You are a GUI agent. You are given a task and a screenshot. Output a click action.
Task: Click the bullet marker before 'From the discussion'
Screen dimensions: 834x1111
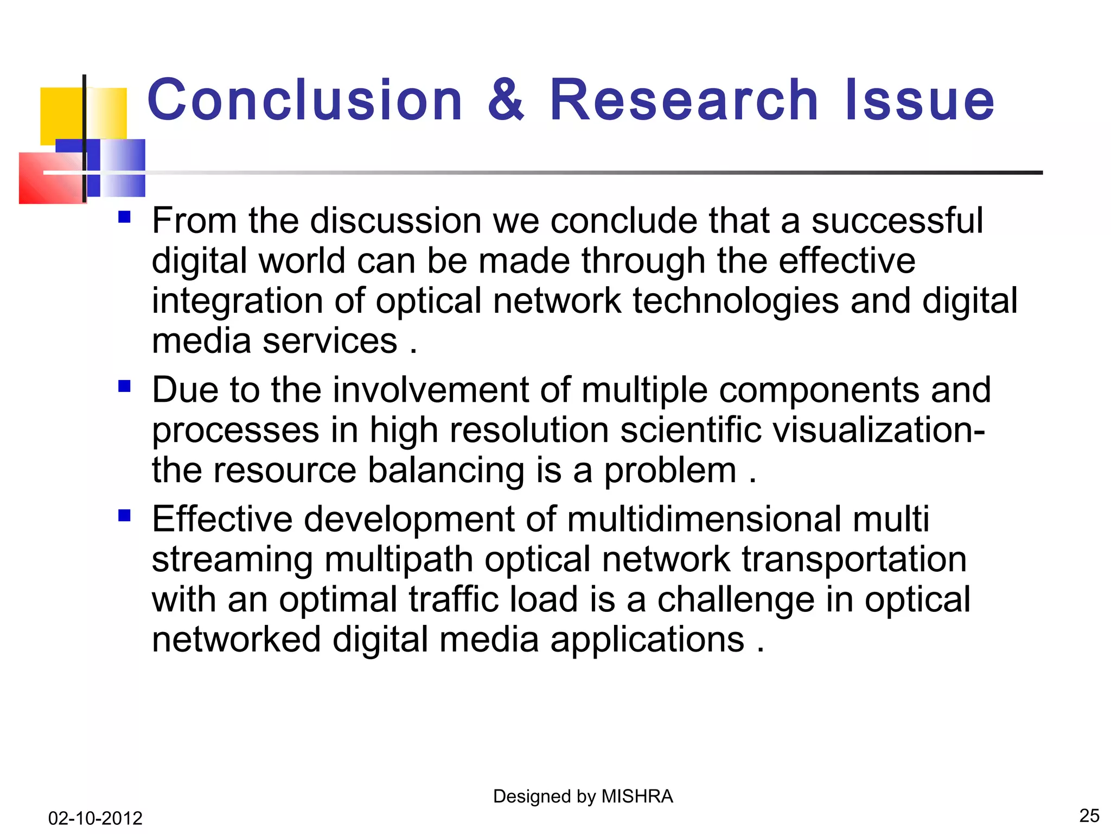pyautogui.click(x=125, y=218)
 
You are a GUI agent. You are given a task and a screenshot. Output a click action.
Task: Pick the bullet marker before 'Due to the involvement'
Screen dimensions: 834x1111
pyautogui.click(x=125, y=387)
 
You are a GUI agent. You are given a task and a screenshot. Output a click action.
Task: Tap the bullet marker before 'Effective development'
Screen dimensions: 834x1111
pyautogui.click(x=125, y=515)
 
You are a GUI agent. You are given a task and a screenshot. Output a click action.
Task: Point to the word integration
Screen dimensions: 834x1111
pyautogui.click(x=238, y=302)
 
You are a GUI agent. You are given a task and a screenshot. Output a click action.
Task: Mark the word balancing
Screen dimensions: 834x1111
pyautogui.click(x=446, y=470)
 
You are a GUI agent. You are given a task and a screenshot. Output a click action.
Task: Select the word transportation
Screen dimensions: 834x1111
pyautogui.click(x=854, y=559)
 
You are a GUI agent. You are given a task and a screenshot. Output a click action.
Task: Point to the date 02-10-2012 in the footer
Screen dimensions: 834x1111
pyautogui.click(x=95, y=818)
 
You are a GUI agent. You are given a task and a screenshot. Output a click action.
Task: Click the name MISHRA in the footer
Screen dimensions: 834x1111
pyautogui.click(x=637, y=797)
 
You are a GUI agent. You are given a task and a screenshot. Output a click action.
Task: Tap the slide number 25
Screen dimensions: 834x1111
pyautogui.click(x=1089, y=816)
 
